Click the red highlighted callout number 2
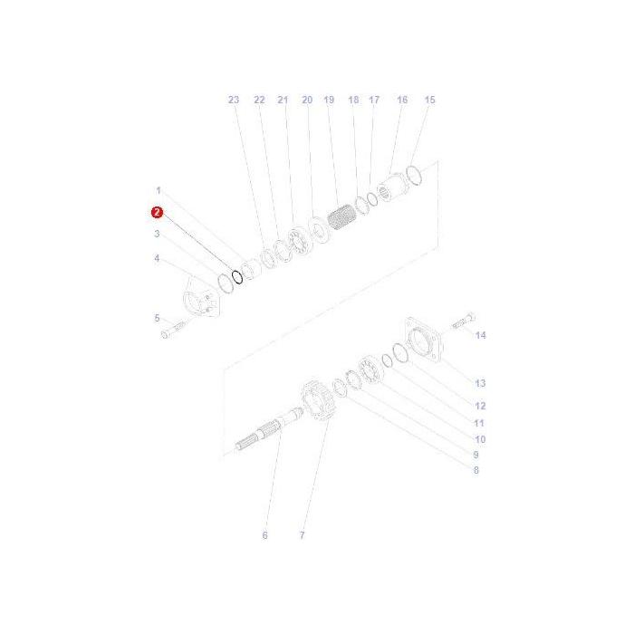coord(158,212)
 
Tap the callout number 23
coord(234,100)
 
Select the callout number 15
coord(429,100)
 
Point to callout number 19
coord(329,100)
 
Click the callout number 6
coord(265,535)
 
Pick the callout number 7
coord(302,535)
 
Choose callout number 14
coord(480,335)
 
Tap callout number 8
coord(475,470)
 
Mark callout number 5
coord(157,318)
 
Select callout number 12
coord(480,406)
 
